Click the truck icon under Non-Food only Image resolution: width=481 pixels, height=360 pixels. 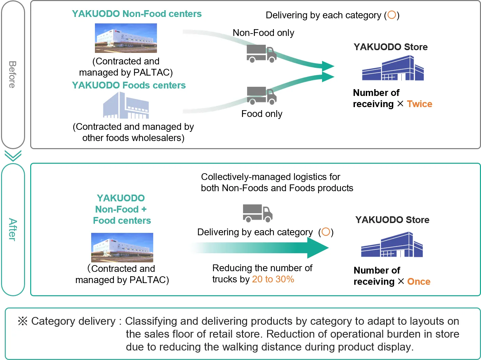coord(261,54)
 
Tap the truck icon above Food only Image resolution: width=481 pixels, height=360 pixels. coord(261,95)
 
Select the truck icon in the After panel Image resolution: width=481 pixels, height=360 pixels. coord(258,213)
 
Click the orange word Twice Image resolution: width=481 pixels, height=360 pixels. coord(419,104)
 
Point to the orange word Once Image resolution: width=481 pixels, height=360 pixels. coord(419,282)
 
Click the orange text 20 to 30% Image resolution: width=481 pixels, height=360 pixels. coord(273,279)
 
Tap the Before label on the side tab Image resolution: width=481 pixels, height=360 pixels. coord(13,75)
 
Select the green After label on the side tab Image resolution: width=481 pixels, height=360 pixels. coord(13,229)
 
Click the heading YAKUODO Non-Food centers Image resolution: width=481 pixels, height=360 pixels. coord(137,14)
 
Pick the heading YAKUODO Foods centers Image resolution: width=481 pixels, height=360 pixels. coord(129,85)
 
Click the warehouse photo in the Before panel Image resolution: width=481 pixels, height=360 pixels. coord(126,38)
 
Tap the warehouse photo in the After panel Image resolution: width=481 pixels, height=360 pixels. coord(122,247)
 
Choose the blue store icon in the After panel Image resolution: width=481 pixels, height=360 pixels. coord(392,245)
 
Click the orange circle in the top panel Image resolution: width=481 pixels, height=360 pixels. coord(392,15)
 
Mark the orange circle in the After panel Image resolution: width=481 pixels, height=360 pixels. coord(326,232)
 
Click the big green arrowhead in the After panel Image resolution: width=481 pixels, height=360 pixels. coord(317,248)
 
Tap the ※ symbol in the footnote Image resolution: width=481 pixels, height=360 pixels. coord(22,321)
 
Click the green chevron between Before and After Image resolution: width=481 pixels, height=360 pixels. coord(13,156)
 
